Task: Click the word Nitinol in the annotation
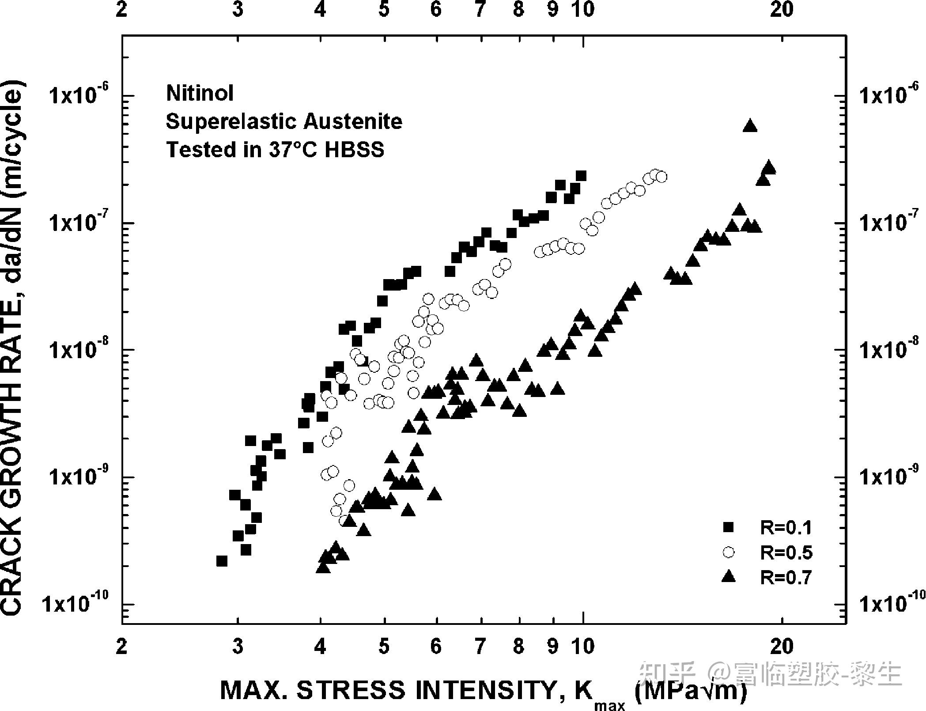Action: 200,93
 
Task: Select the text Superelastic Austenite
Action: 284,121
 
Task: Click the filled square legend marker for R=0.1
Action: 728,527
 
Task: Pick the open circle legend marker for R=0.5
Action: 728,552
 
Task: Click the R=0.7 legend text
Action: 786,577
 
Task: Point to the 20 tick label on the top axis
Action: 782,10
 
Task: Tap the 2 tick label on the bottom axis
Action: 121,646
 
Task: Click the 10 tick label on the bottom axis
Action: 583,646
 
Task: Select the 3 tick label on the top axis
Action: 238,10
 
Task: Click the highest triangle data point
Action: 750,126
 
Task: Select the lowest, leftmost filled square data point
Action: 222,561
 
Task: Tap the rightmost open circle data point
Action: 661,177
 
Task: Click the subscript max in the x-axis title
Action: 609,705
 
